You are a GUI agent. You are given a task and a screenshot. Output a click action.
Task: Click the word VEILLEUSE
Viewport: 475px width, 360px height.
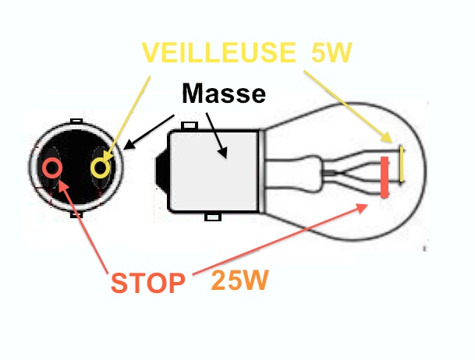point(218,52)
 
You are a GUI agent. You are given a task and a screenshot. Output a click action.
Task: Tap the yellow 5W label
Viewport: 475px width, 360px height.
point(331,52)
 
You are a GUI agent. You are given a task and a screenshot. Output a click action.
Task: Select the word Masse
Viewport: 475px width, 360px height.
point(224,94)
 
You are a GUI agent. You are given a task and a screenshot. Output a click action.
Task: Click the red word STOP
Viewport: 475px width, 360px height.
point(148,283)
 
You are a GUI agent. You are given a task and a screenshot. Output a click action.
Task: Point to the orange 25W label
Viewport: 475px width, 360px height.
point(240,281)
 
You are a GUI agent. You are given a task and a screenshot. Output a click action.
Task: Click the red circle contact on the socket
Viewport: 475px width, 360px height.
point(52,168)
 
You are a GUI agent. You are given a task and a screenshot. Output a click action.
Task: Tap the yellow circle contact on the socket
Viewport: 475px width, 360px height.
point(101,168)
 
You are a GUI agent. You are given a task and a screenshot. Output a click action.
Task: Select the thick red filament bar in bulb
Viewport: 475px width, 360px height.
point(385,178)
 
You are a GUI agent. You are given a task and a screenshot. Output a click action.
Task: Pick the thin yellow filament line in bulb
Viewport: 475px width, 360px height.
point(402,164)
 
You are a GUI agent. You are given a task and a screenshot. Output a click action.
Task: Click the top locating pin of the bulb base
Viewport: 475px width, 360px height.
point(190,125)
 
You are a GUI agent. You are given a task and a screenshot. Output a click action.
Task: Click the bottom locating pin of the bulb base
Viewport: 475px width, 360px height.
point(213,217)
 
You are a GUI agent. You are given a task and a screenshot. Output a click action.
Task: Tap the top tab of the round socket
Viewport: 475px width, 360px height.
point(76,121)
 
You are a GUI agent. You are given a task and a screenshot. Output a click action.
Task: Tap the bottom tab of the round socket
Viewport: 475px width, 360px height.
point(76,214)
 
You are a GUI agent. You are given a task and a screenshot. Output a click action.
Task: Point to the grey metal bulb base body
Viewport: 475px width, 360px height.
point(214,171)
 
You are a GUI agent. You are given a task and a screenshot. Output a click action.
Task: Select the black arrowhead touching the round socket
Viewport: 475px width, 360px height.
point(129,144)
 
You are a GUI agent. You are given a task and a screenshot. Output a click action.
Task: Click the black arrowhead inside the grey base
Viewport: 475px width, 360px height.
point(222,153)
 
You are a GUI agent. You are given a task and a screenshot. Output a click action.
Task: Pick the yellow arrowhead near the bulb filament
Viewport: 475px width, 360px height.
point(387,137)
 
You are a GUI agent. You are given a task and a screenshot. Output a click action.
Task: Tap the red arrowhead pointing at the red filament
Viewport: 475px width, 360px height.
point(361,208)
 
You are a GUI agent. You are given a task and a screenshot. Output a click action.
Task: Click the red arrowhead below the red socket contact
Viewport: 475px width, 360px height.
point(64,185)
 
